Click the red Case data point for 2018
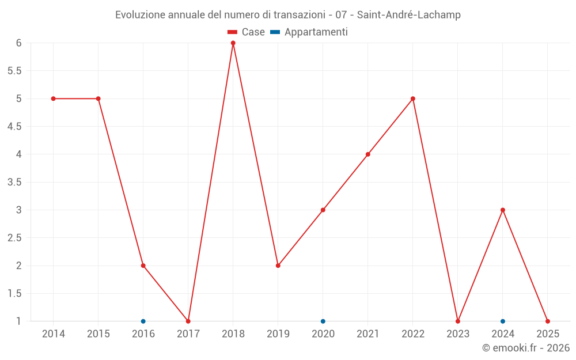click(233, 43)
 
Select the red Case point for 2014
click(54, 98)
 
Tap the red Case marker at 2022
click(413, 98)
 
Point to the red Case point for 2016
click(143, 266)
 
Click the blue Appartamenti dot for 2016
click(143, 321)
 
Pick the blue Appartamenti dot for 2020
click(323, 321)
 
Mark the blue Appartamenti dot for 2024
click(503, 321)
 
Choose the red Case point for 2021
click(368, 154)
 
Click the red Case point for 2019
click(278, 266)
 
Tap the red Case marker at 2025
click(548, 321)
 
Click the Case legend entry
click(246, 32)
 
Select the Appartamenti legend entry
click(309, 32)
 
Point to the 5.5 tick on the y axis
click(14, 71)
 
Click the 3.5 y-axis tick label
click(14, 182)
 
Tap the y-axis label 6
click(19, 43)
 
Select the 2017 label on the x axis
click(188, 334)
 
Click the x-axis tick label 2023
click(458, 334)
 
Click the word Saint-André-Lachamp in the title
click(409, 15)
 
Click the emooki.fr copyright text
click(526, 348)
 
